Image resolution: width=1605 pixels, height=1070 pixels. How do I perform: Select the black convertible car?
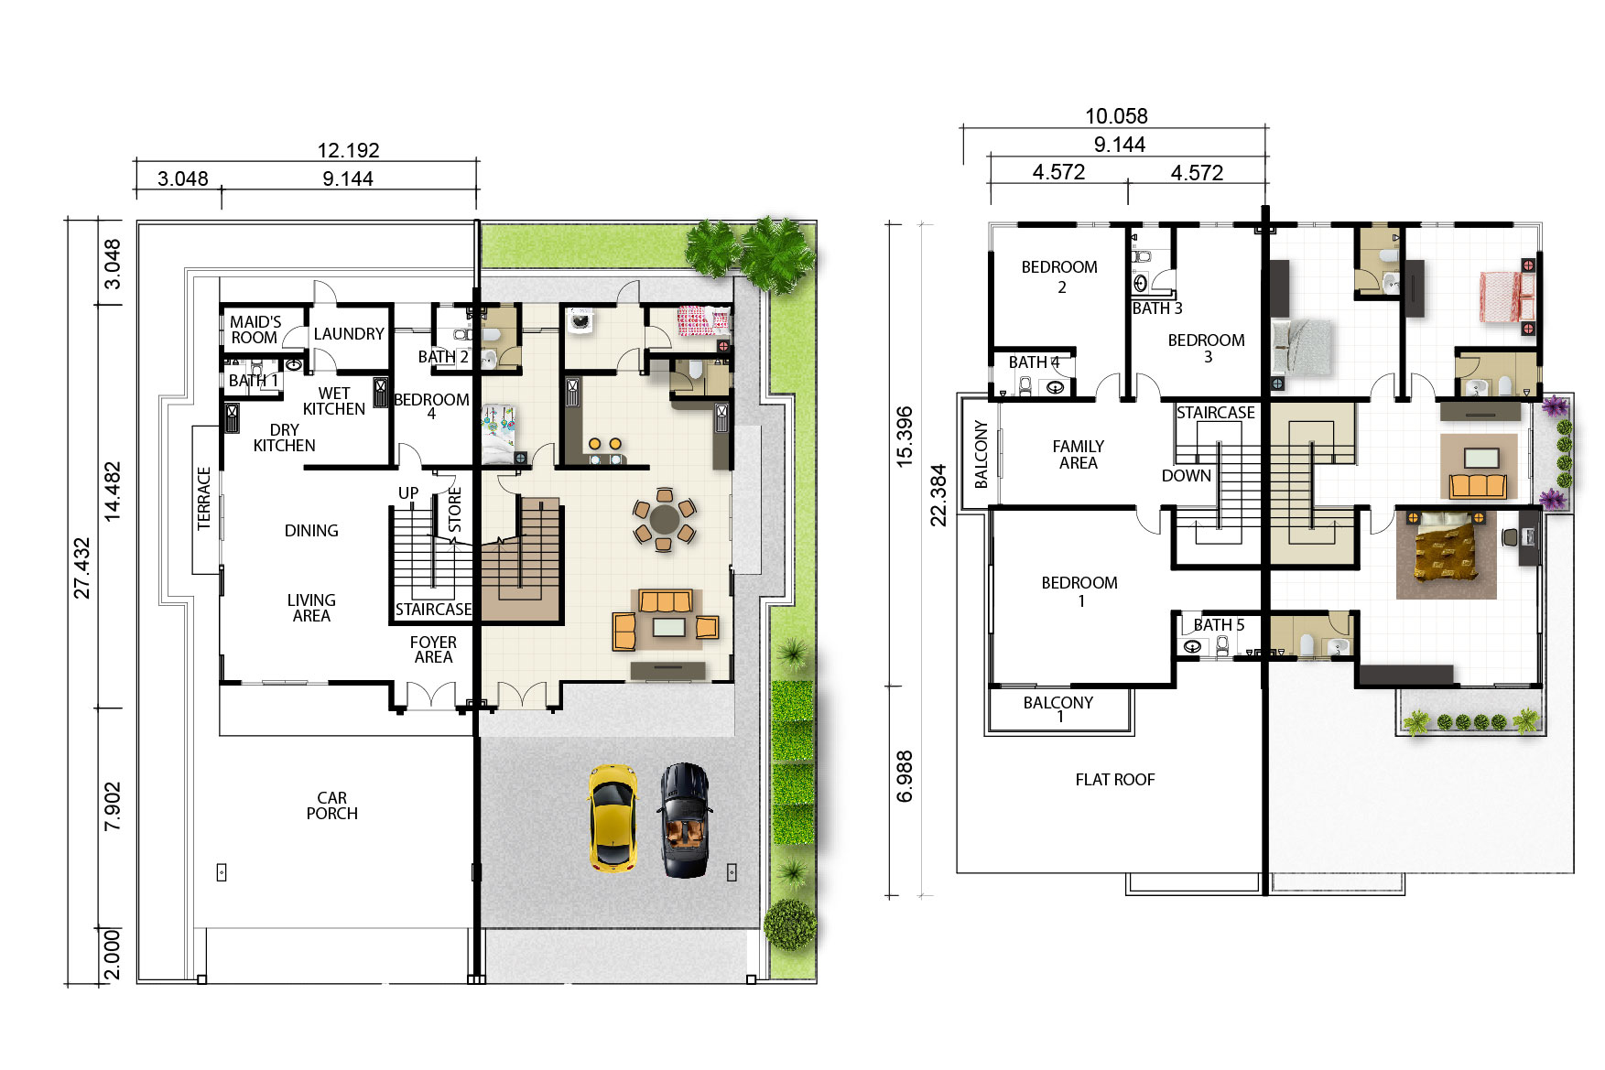pos(685,820)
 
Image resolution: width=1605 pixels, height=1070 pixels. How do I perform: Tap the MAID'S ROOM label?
pos(255,330)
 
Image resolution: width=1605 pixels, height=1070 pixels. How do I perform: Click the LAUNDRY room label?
pos(349,334)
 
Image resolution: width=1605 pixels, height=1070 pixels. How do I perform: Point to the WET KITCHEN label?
pos(334,401)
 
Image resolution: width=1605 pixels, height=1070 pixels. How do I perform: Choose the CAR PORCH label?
pos(332,805)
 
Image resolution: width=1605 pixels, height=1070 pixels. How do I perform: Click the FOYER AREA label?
pos(433,650)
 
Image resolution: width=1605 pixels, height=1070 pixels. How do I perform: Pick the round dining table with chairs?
pos(664,520)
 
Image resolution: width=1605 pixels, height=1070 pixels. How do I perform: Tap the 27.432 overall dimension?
pos(82,568)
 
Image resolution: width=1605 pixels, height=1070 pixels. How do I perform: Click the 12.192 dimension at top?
pos(348,150)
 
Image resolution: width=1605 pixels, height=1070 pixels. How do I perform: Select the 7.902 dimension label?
pos(112,805)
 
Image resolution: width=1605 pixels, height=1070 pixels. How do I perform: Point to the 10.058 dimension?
pos(1116,116)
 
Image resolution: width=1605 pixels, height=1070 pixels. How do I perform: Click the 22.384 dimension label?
pos(938,494)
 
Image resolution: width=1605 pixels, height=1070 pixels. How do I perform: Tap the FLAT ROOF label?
pos(1115,780)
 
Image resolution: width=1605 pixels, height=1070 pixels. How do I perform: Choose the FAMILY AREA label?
pos(1079,455)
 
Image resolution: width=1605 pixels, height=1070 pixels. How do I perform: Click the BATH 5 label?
pos(1219,625)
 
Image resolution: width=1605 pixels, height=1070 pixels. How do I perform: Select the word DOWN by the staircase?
pos(1187,476)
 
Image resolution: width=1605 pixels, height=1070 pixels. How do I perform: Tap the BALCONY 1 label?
pos(1058,709)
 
